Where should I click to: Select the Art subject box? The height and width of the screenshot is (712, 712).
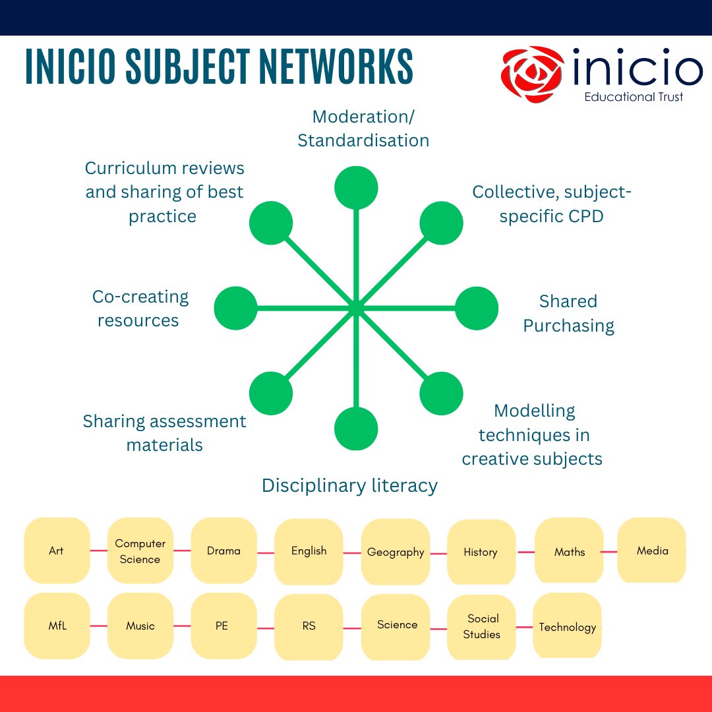57,550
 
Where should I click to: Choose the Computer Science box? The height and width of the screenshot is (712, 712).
140,551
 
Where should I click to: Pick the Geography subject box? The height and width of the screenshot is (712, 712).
396,552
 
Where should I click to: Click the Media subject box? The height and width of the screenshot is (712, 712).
652,550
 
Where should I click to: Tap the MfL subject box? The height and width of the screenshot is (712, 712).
57,626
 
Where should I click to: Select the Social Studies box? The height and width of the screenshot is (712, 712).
482,626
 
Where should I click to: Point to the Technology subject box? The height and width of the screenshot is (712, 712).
567,626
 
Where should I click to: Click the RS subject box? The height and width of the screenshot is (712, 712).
309,626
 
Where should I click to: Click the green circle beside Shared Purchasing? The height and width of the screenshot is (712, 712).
477,308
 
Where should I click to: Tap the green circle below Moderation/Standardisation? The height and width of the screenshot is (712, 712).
356,188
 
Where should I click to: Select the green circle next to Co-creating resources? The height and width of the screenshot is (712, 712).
235,308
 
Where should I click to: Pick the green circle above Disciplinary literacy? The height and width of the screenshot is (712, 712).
356,429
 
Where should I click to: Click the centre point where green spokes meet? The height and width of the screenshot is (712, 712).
356,308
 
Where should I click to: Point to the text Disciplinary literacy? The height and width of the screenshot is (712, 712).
349,486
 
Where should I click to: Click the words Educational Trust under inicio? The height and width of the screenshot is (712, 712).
634,97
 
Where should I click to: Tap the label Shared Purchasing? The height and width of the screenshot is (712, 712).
568,314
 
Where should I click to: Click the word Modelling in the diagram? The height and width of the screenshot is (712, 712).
535,411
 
